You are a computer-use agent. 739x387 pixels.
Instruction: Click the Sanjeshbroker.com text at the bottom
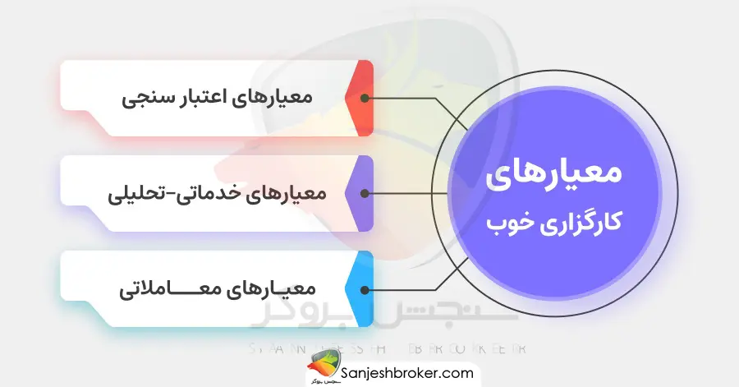click(405, 372)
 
